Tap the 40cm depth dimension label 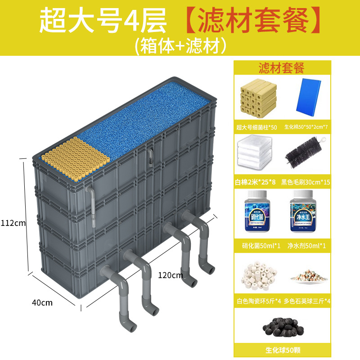point(42,302)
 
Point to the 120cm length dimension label point(170,274)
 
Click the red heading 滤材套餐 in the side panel point(282,67)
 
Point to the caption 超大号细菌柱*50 point(257,127)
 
